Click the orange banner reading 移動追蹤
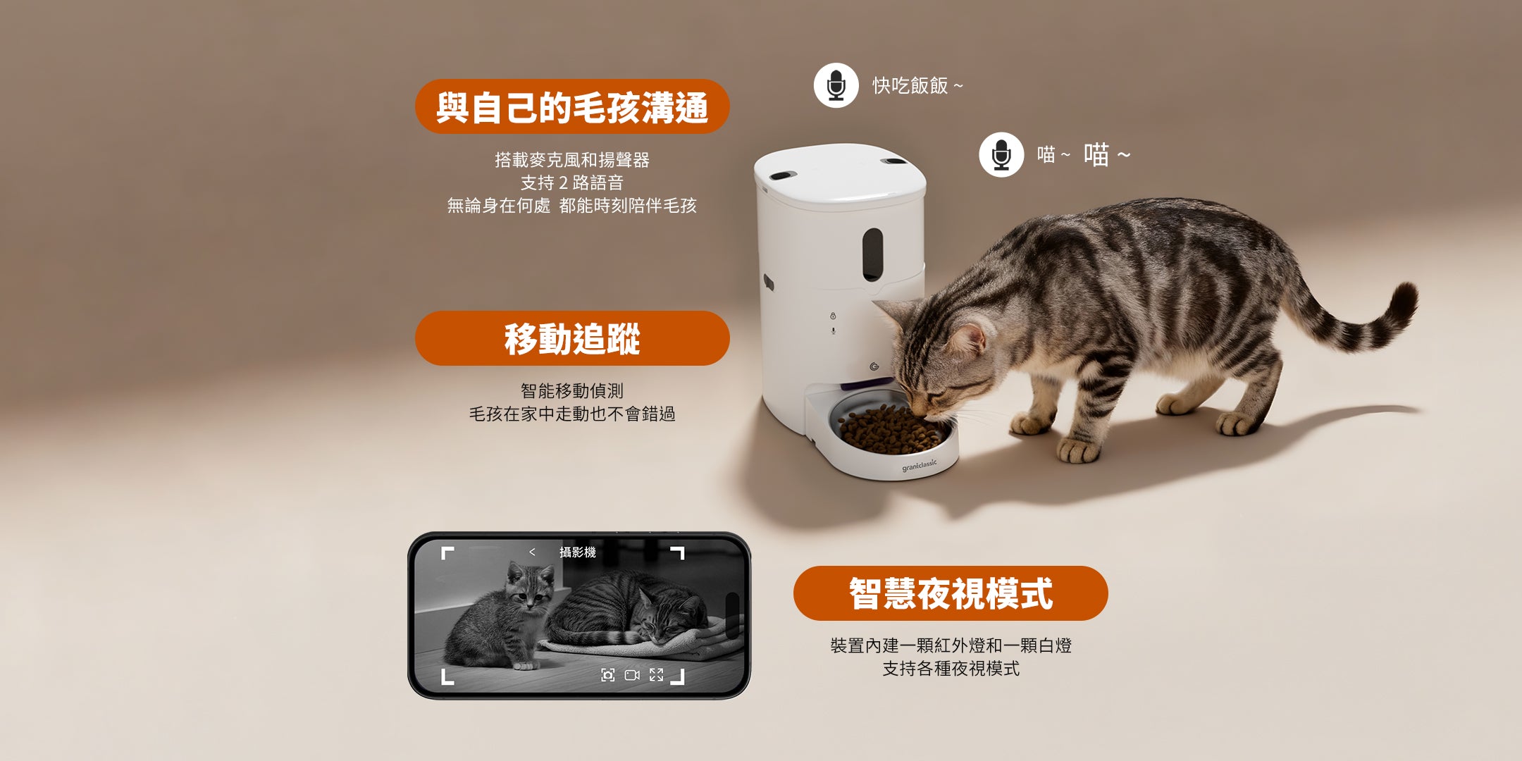pyautogui.click(x=572, y=338)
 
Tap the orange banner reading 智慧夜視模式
pyautogui.click(x=951, y=593)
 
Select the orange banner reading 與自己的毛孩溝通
pyautogui.click(x=572, y=106)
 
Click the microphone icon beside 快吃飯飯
pyautogui.click(x=836, y=85)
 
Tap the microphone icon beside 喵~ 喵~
pyautogui.click(x=1001, y=154)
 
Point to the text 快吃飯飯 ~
pyautogui.click(x=917, y=86)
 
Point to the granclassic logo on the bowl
pyautogui.click(x=920, y=466)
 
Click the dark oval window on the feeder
pyautogui.click(x=872, y=254)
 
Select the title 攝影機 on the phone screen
pyautogui.click(x=578, y=552)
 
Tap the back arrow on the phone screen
pyautogui.click(x=532, y=552)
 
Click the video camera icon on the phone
pyautogui.click(x=632, y=675)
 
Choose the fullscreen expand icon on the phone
pyautogui.click(x=656, y=675)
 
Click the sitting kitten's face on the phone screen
pyautogui.click(x=528, y=593)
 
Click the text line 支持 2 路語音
pyautogui.click(x=572, y=182)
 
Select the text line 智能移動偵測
pyautogui.click(x=572, y=390)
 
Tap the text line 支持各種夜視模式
pyautogui.click(x=951, y=668)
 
